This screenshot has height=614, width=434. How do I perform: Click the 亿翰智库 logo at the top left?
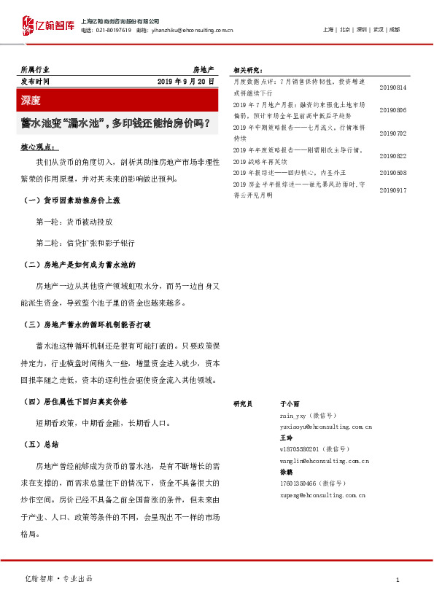pyautogui.click(x=47, y=26)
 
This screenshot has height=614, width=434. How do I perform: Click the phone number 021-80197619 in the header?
pyautogui.click(x=112, y=31)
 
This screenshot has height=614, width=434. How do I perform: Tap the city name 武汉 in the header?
pyautogui.click(x=378, y=29)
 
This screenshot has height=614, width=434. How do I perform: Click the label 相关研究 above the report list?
pyautogui.click(x=248, y=70)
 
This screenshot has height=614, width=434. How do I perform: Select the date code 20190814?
pyautogui.click(x=393, y=88)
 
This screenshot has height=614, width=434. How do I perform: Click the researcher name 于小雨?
pyautogui.click(x=290, y=403)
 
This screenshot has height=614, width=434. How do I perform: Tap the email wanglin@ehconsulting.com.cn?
pyautogui.click(x=324, y=461)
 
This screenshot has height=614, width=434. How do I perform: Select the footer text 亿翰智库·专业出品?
pyautogui.click(x=59, y=578)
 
